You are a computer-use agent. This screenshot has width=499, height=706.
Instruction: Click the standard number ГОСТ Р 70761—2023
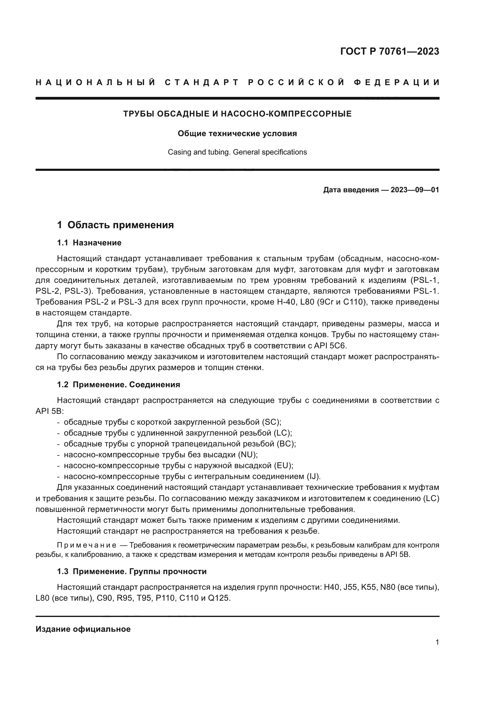click(389, 51)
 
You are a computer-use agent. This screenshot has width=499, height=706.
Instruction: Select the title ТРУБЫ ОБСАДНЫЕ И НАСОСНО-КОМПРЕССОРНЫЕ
click(237, 114)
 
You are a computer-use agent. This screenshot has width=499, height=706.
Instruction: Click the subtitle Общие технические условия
click(237, 133)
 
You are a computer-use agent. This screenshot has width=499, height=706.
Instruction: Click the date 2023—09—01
click(415, 190)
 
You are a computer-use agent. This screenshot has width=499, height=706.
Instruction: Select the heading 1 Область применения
click(115, 225)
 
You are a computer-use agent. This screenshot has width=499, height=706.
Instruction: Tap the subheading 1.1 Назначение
click(89, 243)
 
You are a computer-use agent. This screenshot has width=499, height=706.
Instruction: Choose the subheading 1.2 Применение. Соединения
click(118, 385)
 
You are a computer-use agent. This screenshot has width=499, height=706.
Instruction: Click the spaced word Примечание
click(87, 545)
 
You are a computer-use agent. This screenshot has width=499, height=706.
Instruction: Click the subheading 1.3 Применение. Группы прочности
click(132, 572)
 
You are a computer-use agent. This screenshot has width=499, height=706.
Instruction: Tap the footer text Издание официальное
click(83, 629)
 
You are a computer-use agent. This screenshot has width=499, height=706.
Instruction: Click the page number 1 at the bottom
click(437, 642)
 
